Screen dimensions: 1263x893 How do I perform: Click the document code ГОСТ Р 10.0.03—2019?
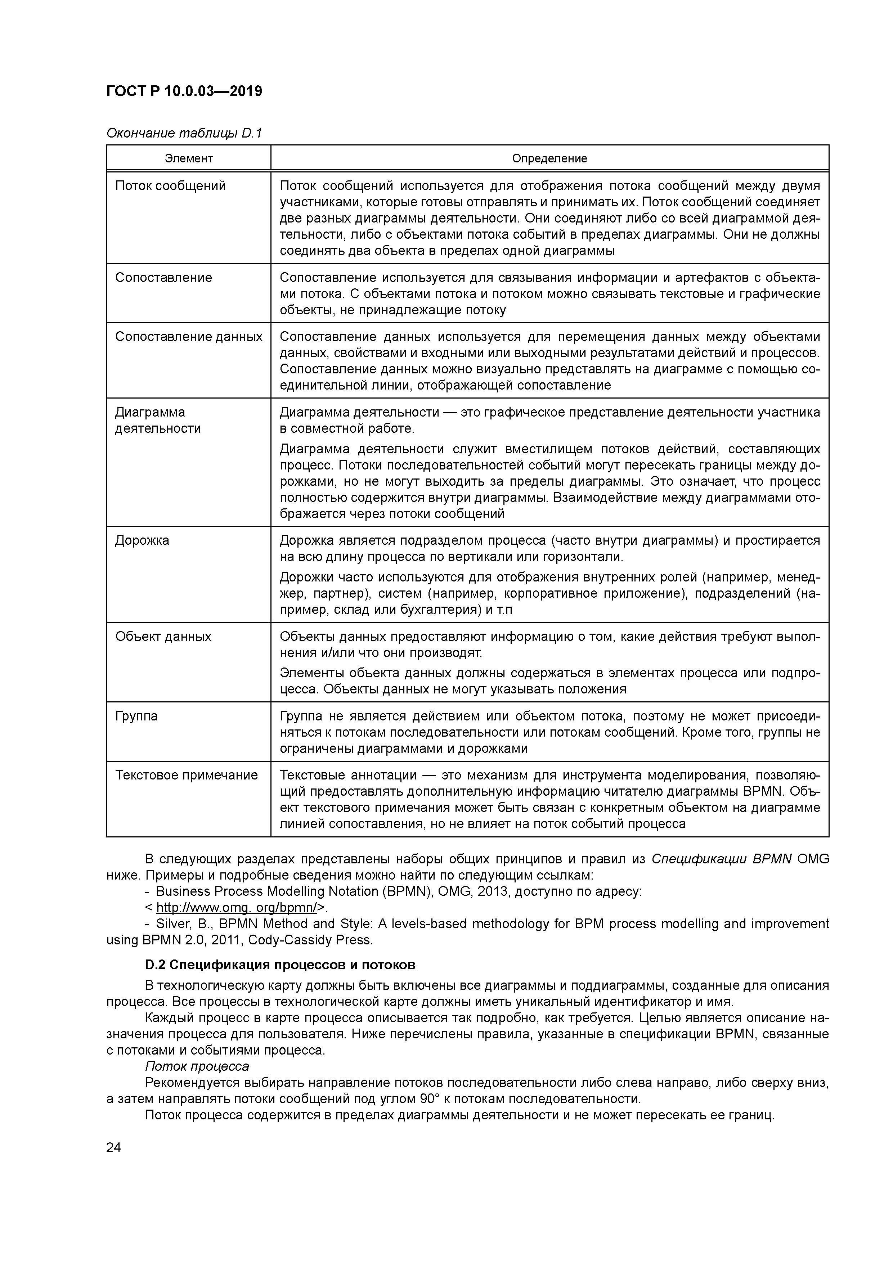(x=184, y=91)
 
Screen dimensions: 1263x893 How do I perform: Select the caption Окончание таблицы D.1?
(x=184, y=133)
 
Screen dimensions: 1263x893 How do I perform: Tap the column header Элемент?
(x=189, y=158)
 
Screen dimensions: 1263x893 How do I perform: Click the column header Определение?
(x=549, y=158)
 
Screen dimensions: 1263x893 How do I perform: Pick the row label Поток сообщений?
(x=171, y=186)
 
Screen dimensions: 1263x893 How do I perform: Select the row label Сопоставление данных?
(x=189, y=337)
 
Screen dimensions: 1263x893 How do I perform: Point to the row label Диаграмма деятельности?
(x=158, y=420)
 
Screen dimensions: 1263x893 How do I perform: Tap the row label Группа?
(x=136, y=716)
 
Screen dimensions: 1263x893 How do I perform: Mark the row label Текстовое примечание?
(x=186, y=776)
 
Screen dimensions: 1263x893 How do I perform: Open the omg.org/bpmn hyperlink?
(x=236, y=908)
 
